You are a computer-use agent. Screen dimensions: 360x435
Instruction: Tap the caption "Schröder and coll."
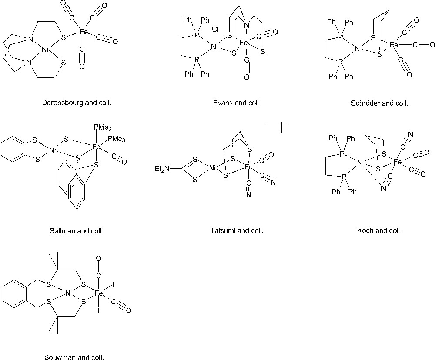379,103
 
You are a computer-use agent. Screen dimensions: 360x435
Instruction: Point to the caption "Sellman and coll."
77,230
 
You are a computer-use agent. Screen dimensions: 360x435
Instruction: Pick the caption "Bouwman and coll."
74,357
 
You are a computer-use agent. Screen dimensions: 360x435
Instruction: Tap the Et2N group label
163,169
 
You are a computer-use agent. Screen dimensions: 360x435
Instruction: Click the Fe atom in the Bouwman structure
99,293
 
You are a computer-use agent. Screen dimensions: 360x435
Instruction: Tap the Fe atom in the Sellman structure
97,147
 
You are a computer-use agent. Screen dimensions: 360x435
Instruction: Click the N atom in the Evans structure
247,26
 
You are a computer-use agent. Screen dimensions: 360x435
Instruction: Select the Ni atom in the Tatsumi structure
213,167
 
